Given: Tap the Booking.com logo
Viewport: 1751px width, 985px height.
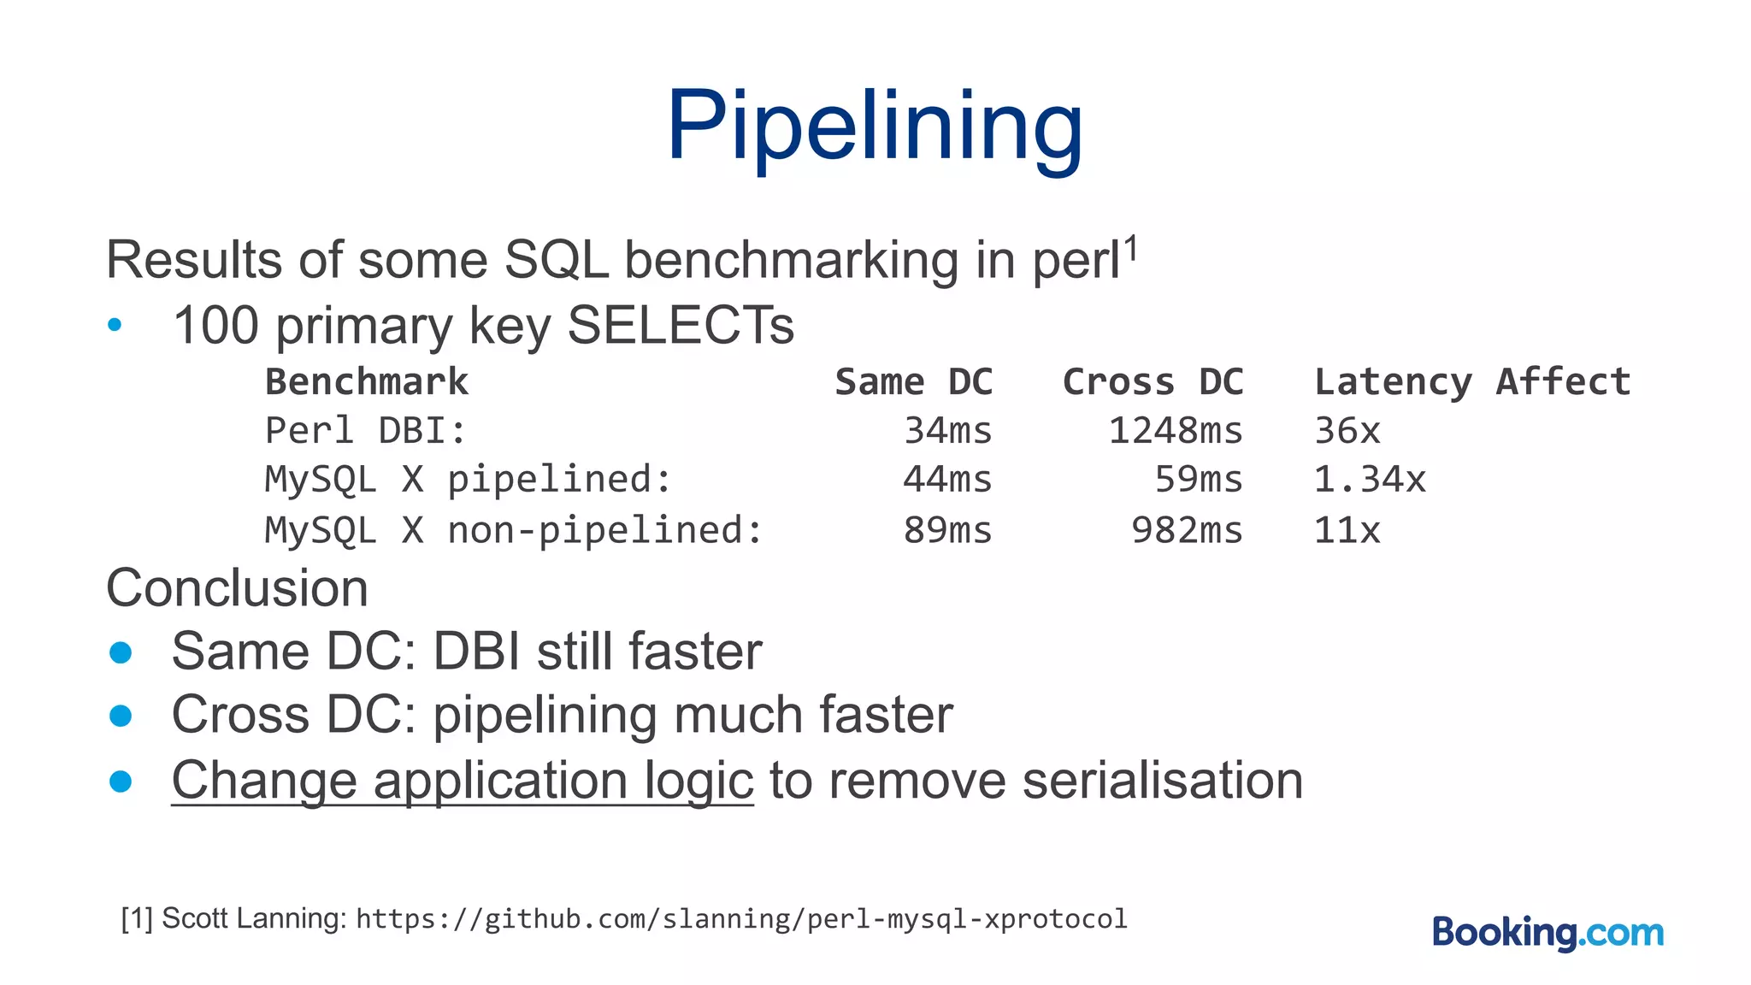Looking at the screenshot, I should click(x=1548, y=932).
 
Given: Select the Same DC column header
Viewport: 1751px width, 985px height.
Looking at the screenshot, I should click(x=913, y=381).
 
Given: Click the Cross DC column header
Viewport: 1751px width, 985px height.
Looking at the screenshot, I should click(x=1153, y=381).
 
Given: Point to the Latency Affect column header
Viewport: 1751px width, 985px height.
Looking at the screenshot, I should click(x=1472, y=381).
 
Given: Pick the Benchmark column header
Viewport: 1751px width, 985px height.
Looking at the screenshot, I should click(x=367, y=381).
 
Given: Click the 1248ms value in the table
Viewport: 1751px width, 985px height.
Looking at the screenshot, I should click(x=1175, y=430).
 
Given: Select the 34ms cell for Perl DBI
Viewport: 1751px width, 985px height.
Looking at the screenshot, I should click(x=947, y=430).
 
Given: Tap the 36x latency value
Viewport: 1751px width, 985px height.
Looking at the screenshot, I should click(x=1347, y=430).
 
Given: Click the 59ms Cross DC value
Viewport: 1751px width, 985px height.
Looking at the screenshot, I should click(x=1198, y=480).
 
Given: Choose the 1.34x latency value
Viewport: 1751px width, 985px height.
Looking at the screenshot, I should click(x=1370, y=480).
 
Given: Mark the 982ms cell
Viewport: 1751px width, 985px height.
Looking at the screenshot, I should click(x=1187, y=530).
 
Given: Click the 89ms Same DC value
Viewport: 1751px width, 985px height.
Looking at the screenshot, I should click(x=947, y=530).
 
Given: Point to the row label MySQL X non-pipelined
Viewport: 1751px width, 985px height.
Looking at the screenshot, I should click(x=513, y=530).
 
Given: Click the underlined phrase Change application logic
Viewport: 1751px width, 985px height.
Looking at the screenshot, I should click(x=462, y=780).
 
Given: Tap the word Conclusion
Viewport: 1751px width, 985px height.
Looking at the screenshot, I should click(x=237, y=588).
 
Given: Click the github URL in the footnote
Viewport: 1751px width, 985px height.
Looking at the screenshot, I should click(x=741, y=918).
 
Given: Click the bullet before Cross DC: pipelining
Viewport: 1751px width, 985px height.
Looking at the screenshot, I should click(x=121, y=716).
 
